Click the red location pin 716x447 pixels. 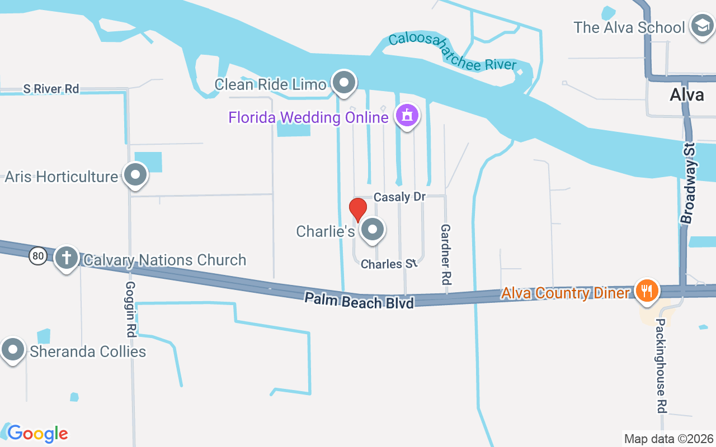(358, 210)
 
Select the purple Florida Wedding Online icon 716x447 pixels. (407, 116)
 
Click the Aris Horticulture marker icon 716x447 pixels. (135, 175)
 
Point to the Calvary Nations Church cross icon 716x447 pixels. (67, 258)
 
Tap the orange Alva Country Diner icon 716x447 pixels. (646, 291)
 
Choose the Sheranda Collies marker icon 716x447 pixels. (13, 350)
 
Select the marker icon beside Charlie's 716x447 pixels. (372, 229)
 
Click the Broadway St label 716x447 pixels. (689, 183)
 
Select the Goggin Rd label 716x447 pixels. (130, 308)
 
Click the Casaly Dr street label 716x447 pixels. (399, 197)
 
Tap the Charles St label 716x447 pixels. (389, 264)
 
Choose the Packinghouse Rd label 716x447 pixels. (662, 366)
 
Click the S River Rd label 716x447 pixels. (51, 89)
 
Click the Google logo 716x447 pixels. (37, 434)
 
